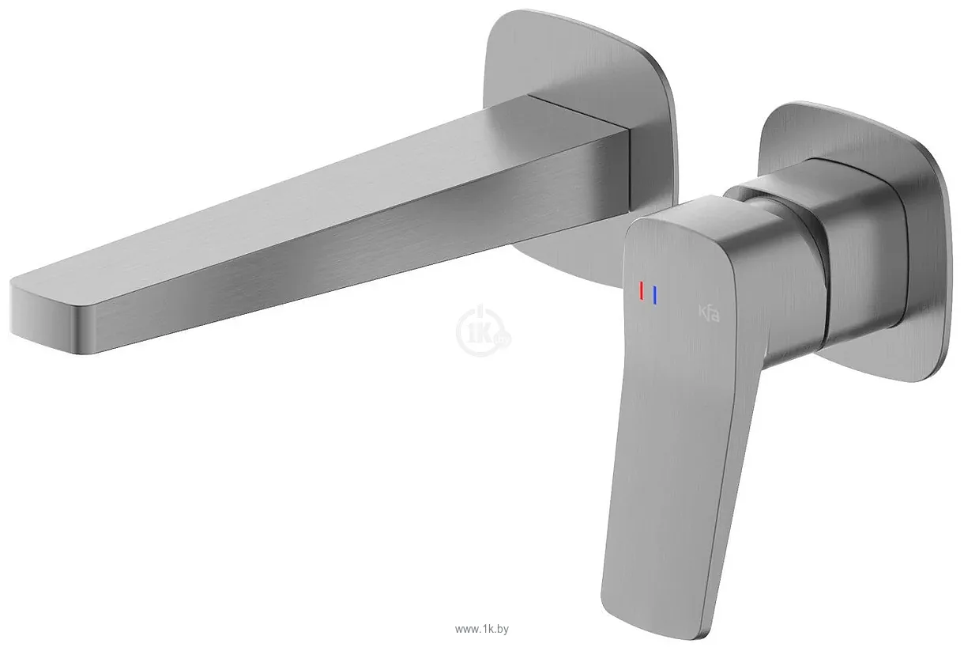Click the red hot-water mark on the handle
click(642, 291)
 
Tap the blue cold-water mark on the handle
click(655, 295)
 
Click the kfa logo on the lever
click(708, 314)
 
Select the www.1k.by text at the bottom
click(482, 630)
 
